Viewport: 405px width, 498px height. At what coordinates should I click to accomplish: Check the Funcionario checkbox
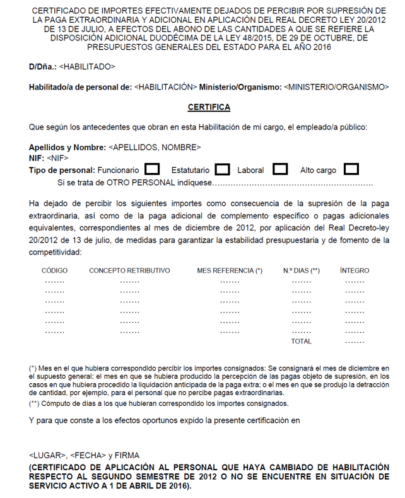(x=151, y=170)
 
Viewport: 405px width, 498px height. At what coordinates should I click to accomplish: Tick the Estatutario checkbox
(x=221, y=170)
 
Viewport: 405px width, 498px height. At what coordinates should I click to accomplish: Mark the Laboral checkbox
(x=280, y=170)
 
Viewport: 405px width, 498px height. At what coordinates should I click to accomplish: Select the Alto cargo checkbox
(x=351, y=170)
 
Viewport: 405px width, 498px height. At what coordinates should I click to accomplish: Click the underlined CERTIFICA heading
(x=209, y=107)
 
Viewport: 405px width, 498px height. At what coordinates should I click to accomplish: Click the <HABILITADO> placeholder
(x=87, y=66)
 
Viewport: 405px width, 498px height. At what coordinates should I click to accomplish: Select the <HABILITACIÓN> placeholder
(x=167, y=86)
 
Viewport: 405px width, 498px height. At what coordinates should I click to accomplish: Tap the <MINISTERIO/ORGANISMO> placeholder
(x=337, y=86)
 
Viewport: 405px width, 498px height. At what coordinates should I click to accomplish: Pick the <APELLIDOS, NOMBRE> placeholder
(x=155, y=148)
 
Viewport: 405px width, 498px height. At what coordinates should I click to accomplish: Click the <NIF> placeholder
(x=57, y=158)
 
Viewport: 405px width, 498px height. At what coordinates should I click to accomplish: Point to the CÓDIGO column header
(x=55, y=271)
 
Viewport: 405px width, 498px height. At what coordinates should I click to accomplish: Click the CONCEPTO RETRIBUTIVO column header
(x=129, y=271)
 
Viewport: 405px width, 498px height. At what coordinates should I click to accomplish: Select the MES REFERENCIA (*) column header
(x=230, y=271)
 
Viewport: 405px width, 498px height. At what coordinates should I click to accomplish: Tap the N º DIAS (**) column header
(x=302, y=271)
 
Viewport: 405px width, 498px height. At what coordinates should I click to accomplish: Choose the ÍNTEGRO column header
(x=355, y=271)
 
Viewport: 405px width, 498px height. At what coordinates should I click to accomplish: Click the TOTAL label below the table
(x=301, y=341)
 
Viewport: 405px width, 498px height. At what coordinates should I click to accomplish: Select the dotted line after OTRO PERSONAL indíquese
(x=293, y=184)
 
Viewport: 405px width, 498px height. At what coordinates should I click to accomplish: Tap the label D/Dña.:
(x=42, y=66)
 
